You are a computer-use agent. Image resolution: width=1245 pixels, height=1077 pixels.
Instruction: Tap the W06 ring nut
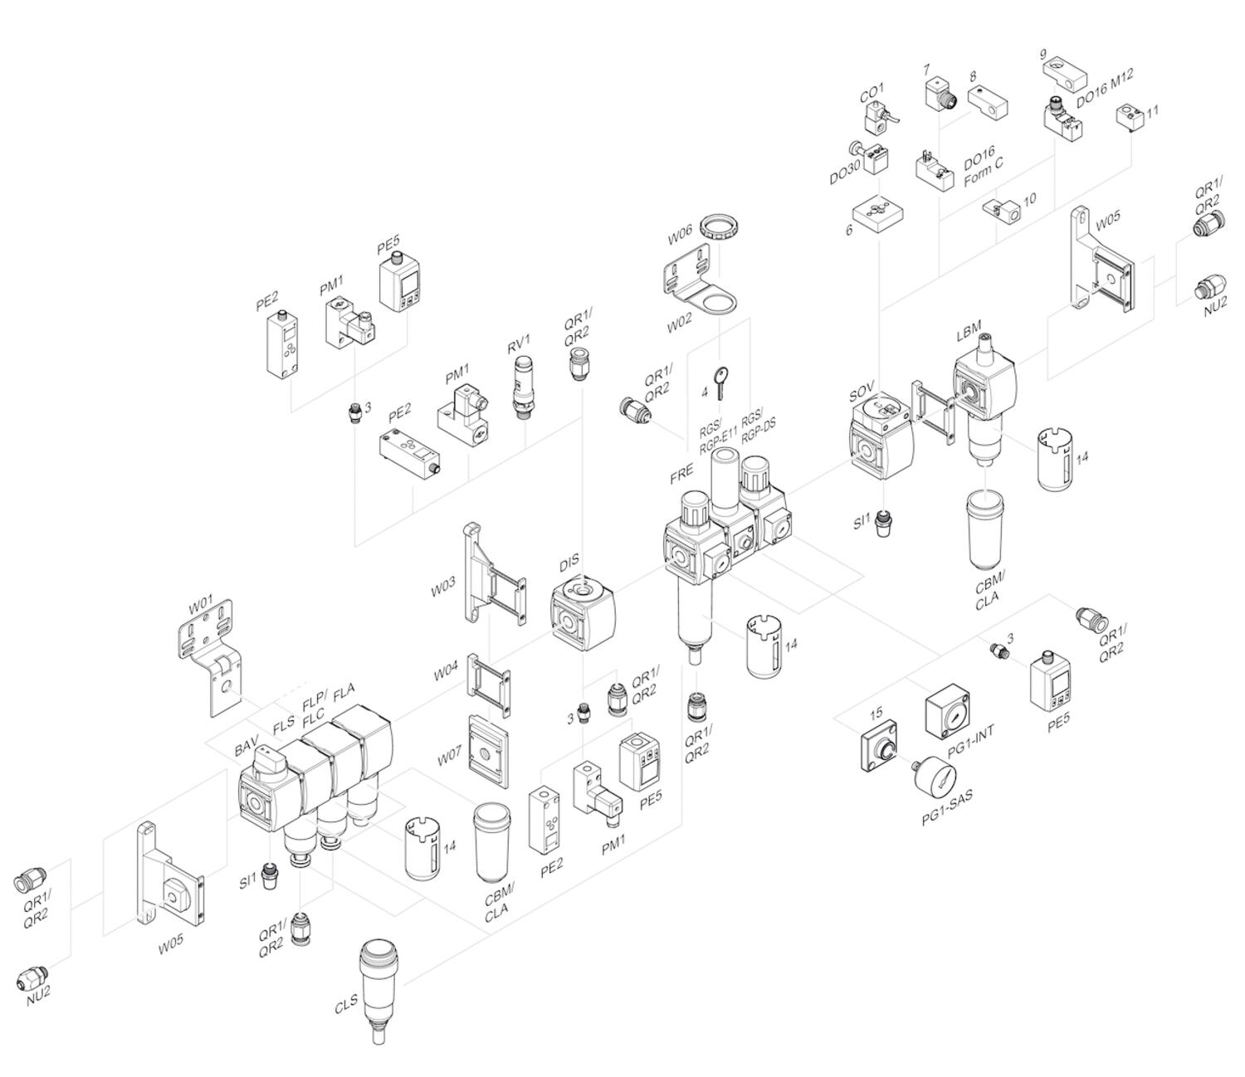click(x=719, y=227)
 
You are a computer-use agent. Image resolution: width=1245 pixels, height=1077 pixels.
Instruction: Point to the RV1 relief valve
click(x=523, y=386)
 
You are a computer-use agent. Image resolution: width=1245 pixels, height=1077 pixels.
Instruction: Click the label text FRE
click(x=681, y=474)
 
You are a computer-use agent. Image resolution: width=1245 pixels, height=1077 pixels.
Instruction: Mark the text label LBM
click(x=968, y=334)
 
